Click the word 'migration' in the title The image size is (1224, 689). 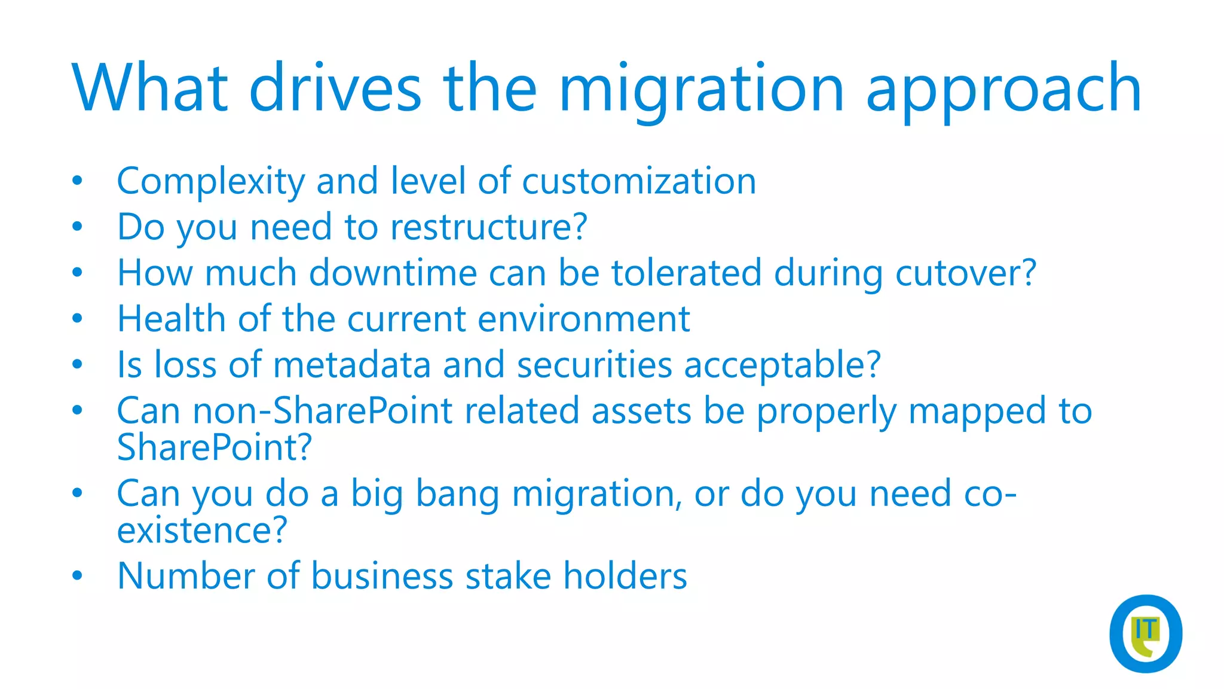point(701,90)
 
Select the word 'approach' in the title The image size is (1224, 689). point(1003,90)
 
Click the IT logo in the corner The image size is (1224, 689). point(1145,633)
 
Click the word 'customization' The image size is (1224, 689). point(639,181)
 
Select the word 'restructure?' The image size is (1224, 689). point(489,227)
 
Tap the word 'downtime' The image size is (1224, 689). point(393,273)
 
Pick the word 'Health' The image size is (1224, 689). point(171,319)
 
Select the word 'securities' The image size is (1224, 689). point(594,365)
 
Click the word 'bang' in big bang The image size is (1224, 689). point(457,495)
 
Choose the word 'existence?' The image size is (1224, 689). point(202,531)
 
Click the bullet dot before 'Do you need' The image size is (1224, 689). point(77,227)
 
